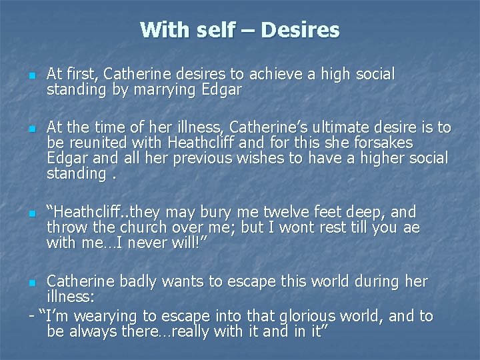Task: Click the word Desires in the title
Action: click(x=301, y=30)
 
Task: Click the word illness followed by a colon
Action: click(x=71, y=296)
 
